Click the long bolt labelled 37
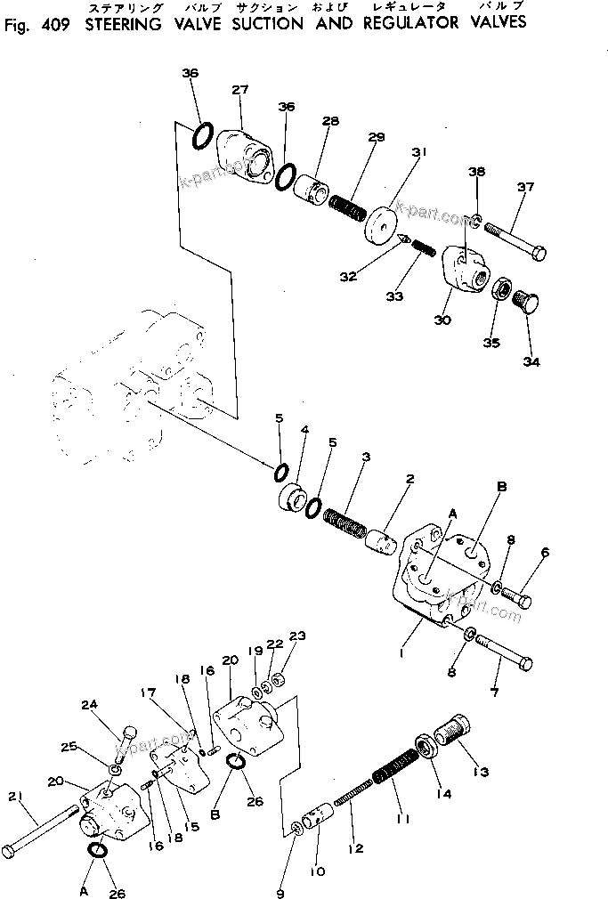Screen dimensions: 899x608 pyautogui.click(x=516, y=241)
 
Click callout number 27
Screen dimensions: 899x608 pyautogui.click(x=239, y=89)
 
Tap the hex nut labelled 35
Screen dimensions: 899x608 pyautogui.click(x=502, y=289)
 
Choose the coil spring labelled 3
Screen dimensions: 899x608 pyautogui.click(x=344, y=523)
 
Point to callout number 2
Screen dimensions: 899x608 pyautogui.click(x=409, y=480)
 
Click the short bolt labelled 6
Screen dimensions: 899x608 pyautogui.click(x=517, y=599)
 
